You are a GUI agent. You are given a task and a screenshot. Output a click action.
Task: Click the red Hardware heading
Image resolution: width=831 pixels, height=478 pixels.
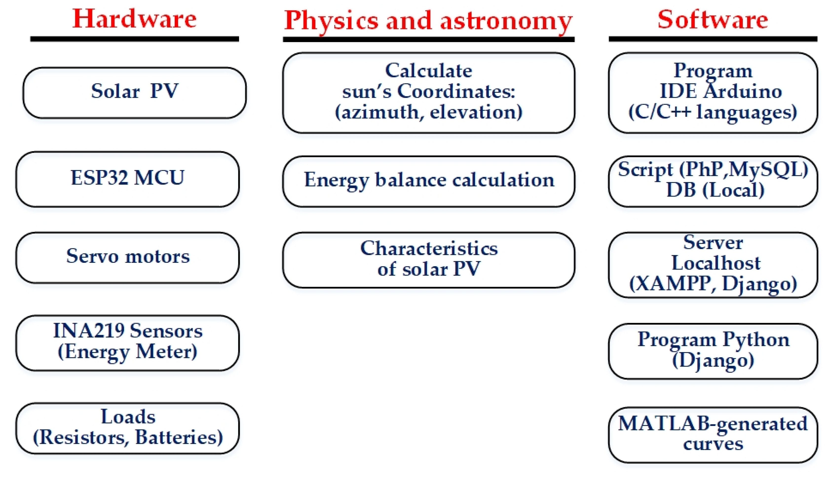134,19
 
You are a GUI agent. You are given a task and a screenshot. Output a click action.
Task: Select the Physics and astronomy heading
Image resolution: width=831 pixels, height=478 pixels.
428,20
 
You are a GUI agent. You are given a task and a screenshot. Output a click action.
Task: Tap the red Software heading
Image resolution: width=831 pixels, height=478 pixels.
713,19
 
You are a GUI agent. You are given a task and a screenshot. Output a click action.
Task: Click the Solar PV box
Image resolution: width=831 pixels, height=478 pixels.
134,93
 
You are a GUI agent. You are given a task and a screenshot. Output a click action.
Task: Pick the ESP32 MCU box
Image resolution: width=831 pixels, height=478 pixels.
127,179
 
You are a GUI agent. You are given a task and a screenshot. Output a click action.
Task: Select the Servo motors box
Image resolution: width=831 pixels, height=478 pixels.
127,257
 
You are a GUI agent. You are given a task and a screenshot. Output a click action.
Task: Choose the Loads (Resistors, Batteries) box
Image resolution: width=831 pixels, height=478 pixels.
127,428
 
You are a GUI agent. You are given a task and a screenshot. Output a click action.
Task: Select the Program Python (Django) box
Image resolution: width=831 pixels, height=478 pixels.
713,351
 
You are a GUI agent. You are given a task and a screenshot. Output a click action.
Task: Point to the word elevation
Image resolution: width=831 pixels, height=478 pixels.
476,113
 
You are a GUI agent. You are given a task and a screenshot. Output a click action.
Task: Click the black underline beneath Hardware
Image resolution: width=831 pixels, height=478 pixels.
134,39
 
